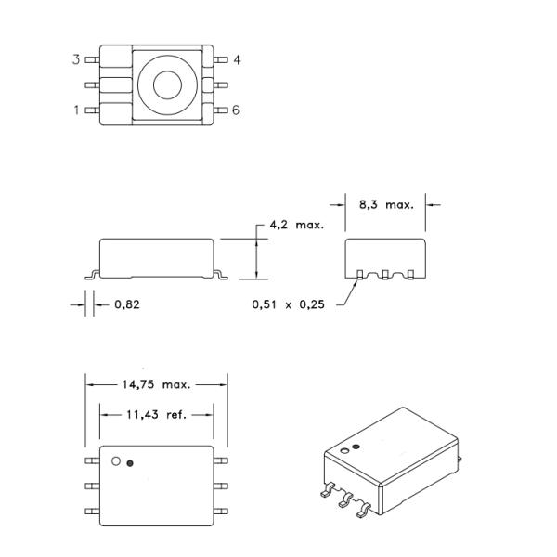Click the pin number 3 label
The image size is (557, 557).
[76, 60]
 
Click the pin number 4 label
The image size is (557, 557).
[237, 60]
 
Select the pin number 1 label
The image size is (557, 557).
[76, 110]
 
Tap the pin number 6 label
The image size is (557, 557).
[237, 110]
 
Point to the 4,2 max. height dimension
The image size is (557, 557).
[296, 226]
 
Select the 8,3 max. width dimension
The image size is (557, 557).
[385, 204]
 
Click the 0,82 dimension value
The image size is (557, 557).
[127, 304]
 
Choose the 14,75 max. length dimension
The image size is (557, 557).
[156, 383]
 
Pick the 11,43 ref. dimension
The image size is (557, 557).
[156, 414]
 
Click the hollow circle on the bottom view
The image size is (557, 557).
[116, 460]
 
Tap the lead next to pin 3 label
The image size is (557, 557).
[92, 60]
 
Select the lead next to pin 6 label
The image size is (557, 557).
[221, 110]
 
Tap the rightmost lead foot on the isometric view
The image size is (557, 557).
[365, 508]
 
